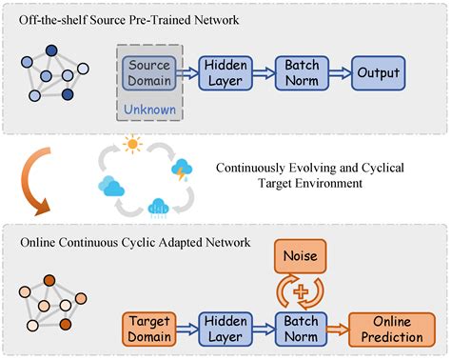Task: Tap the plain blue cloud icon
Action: coord(113,186)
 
